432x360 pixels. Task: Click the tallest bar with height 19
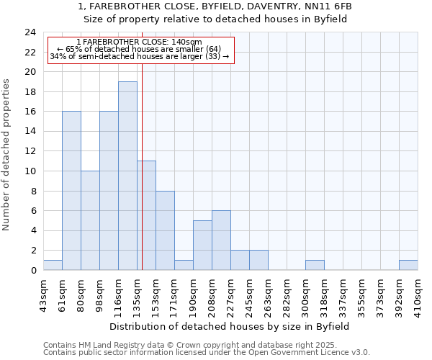coord(127,176)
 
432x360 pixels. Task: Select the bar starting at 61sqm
coord(71,191)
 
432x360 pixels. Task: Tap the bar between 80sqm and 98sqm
coord(90,220)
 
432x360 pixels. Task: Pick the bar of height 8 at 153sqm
coord(165,230)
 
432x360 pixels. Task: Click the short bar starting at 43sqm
coord(53,265)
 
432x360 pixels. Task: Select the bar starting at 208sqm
coord(221,240)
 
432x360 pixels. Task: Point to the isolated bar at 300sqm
coord(315,265)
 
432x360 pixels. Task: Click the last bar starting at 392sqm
coord(408,265)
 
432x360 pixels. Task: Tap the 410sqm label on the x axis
coord(418,296)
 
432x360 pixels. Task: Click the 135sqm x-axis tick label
coord(137,296)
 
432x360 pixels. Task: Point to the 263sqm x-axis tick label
coord(268,296)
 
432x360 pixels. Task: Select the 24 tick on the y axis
coord(30,32)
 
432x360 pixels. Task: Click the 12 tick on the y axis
coord(30,151)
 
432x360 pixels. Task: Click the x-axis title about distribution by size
coord(230,326)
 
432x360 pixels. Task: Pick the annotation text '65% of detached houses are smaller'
coord(139,49)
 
